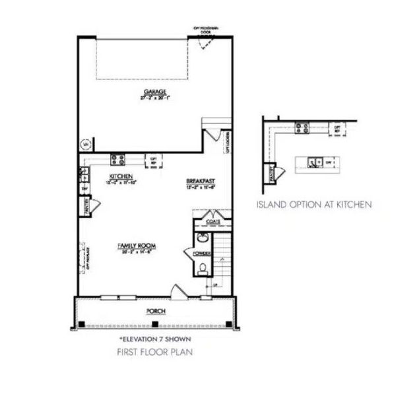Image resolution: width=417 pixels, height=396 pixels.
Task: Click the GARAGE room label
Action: [x=156, y=92]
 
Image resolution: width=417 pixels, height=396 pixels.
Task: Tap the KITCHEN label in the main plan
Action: [x=121, y=176]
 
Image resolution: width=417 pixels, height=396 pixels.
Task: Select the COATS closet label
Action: [x=212, y=222]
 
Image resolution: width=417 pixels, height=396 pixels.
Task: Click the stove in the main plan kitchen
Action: [x=119, y=158]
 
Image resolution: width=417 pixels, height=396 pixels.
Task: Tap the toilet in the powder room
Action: [x=203, y=267]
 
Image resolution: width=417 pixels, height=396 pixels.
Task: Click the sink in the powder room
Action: [x=200, y=238]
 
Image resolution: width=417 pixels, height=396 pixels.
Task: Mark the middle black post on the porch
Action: [x=154, y=323]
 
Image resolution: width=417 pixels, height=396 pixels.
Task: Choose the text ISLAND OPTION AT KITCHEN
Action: [x=313, y=205]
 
